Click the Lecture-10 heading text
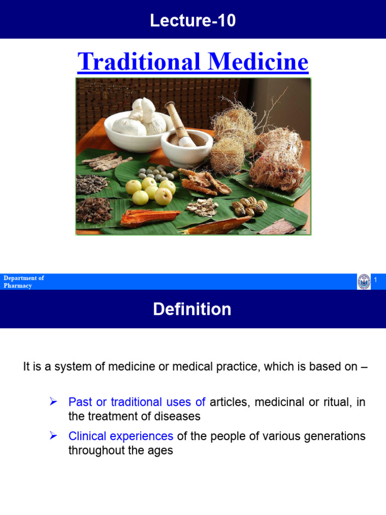click(x=192, y=21)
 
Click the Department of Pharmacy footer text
click(x=24, y=282)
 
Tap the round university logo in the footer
click(x=363, y=282)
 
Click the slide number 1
click(x=375, y=279)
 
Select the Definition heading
click(x=192, y=309)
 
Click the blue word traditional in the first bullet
click(x=136, y=402)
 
